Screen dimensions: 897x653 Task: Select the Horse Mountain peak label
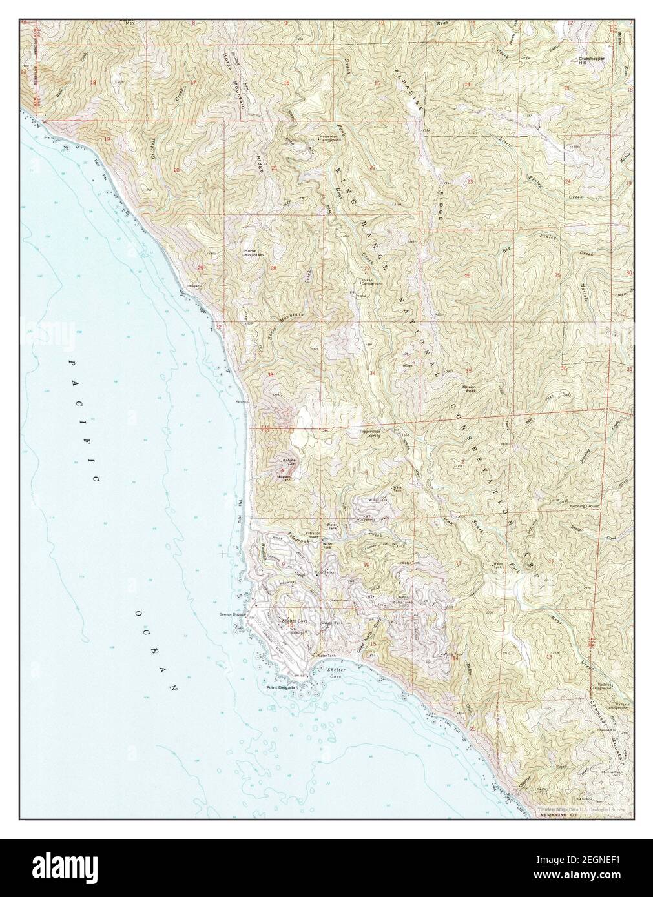253,253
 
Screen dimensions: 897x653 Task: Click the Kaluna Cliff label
289,461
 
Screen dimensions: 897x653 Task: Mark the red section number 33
270,374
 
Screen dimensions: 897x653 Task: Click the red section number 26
467,276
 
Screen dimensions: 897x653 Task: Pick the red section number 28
273,268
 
